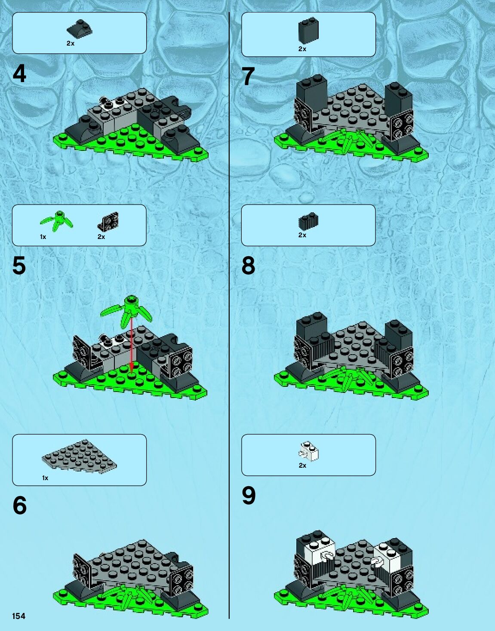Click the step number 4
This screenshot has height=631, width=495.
tap(19, 74)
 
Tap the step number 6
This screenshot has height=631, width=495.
tap(20, 505)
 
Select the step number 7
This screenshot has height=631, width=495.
tap(248, 76)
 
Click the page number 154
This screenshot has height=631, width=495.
tap(18, 616)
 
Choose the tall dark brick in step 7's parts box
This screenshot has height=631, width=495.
tap(308, 31)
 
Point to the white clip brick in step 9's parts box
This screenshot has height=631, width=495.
tap(308, 451)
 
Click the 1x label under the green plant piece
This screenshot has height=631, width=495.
tap(43, 237)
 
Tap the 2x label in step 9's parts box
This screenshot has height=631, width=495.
tap(302, 466)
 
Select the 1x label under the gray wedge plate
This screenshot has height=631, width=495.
tap(45, 478)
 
